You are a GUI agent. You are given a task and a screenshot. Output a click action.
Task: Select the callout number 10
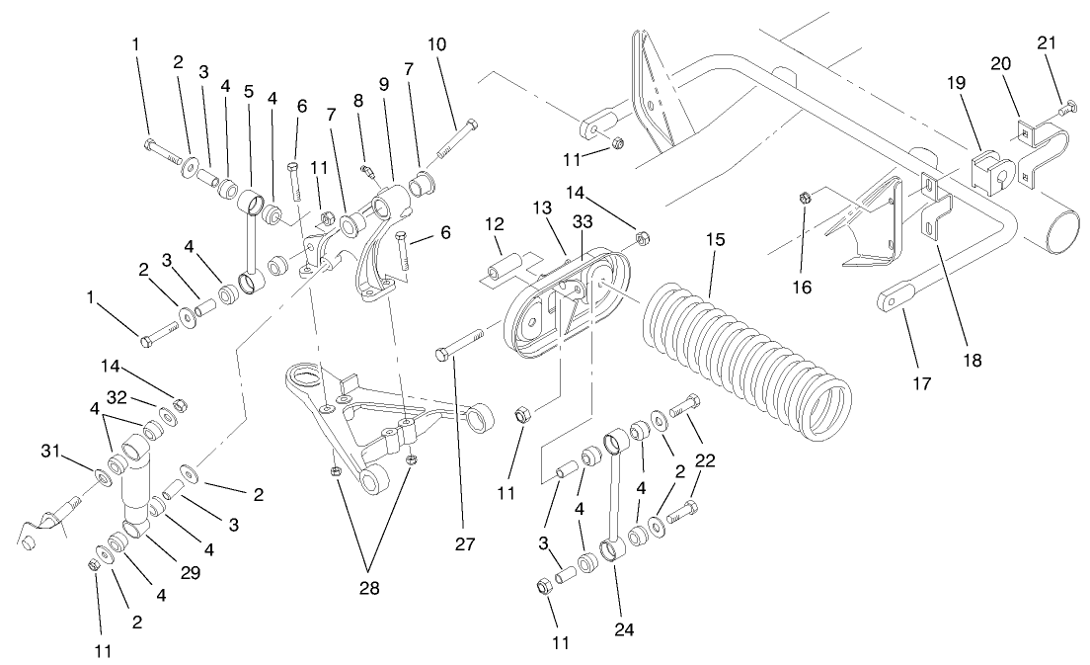(437, 45)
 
